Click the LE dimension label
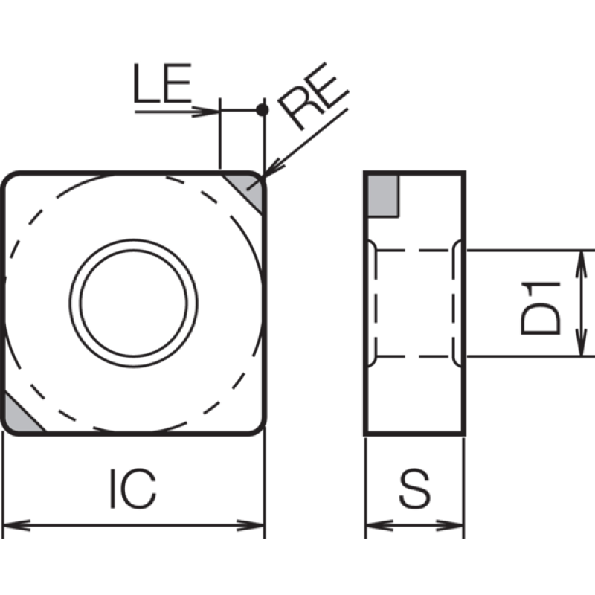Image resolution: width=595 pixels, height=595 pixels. click(162, 83)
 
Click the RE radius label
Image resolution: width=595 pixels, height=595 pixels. click(313, 96)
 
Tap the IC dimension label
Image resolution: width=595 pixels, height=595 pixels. click(133, 489)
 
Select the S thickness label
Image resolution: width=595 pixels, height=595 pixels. click(415, 489)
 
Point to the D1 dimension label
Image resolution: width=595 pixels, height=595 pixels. click(541, 309)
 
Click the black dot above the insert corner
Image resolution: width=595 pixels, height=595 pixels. click(263, 110)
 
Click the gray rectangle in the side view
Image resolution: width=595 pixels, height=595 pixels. click(383, 196)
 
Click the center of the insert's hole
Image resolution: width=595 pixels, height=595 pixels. click(134, 303)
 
